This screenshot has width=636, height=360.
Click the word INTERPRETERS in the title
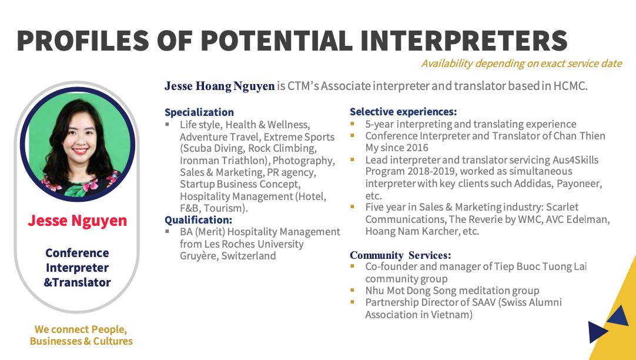click(x=463, y=40)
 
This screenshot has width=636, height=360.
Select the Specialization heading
click(x=199, y=112)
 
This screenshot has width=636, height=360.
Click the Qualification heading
click(x=198, y=220)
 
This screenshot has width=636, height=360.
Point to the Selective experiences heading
click(x=403, y=112)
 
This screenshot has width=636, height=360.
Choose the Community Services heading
click(x=400, y=255)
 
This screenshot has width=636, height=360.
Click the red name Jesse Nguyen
click(x=78, y=221)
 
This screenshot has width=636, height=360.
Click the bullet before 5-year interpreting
click(x=353, y=124)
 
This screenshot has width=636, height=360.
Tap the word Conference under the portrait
click(x=77, y=253)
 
